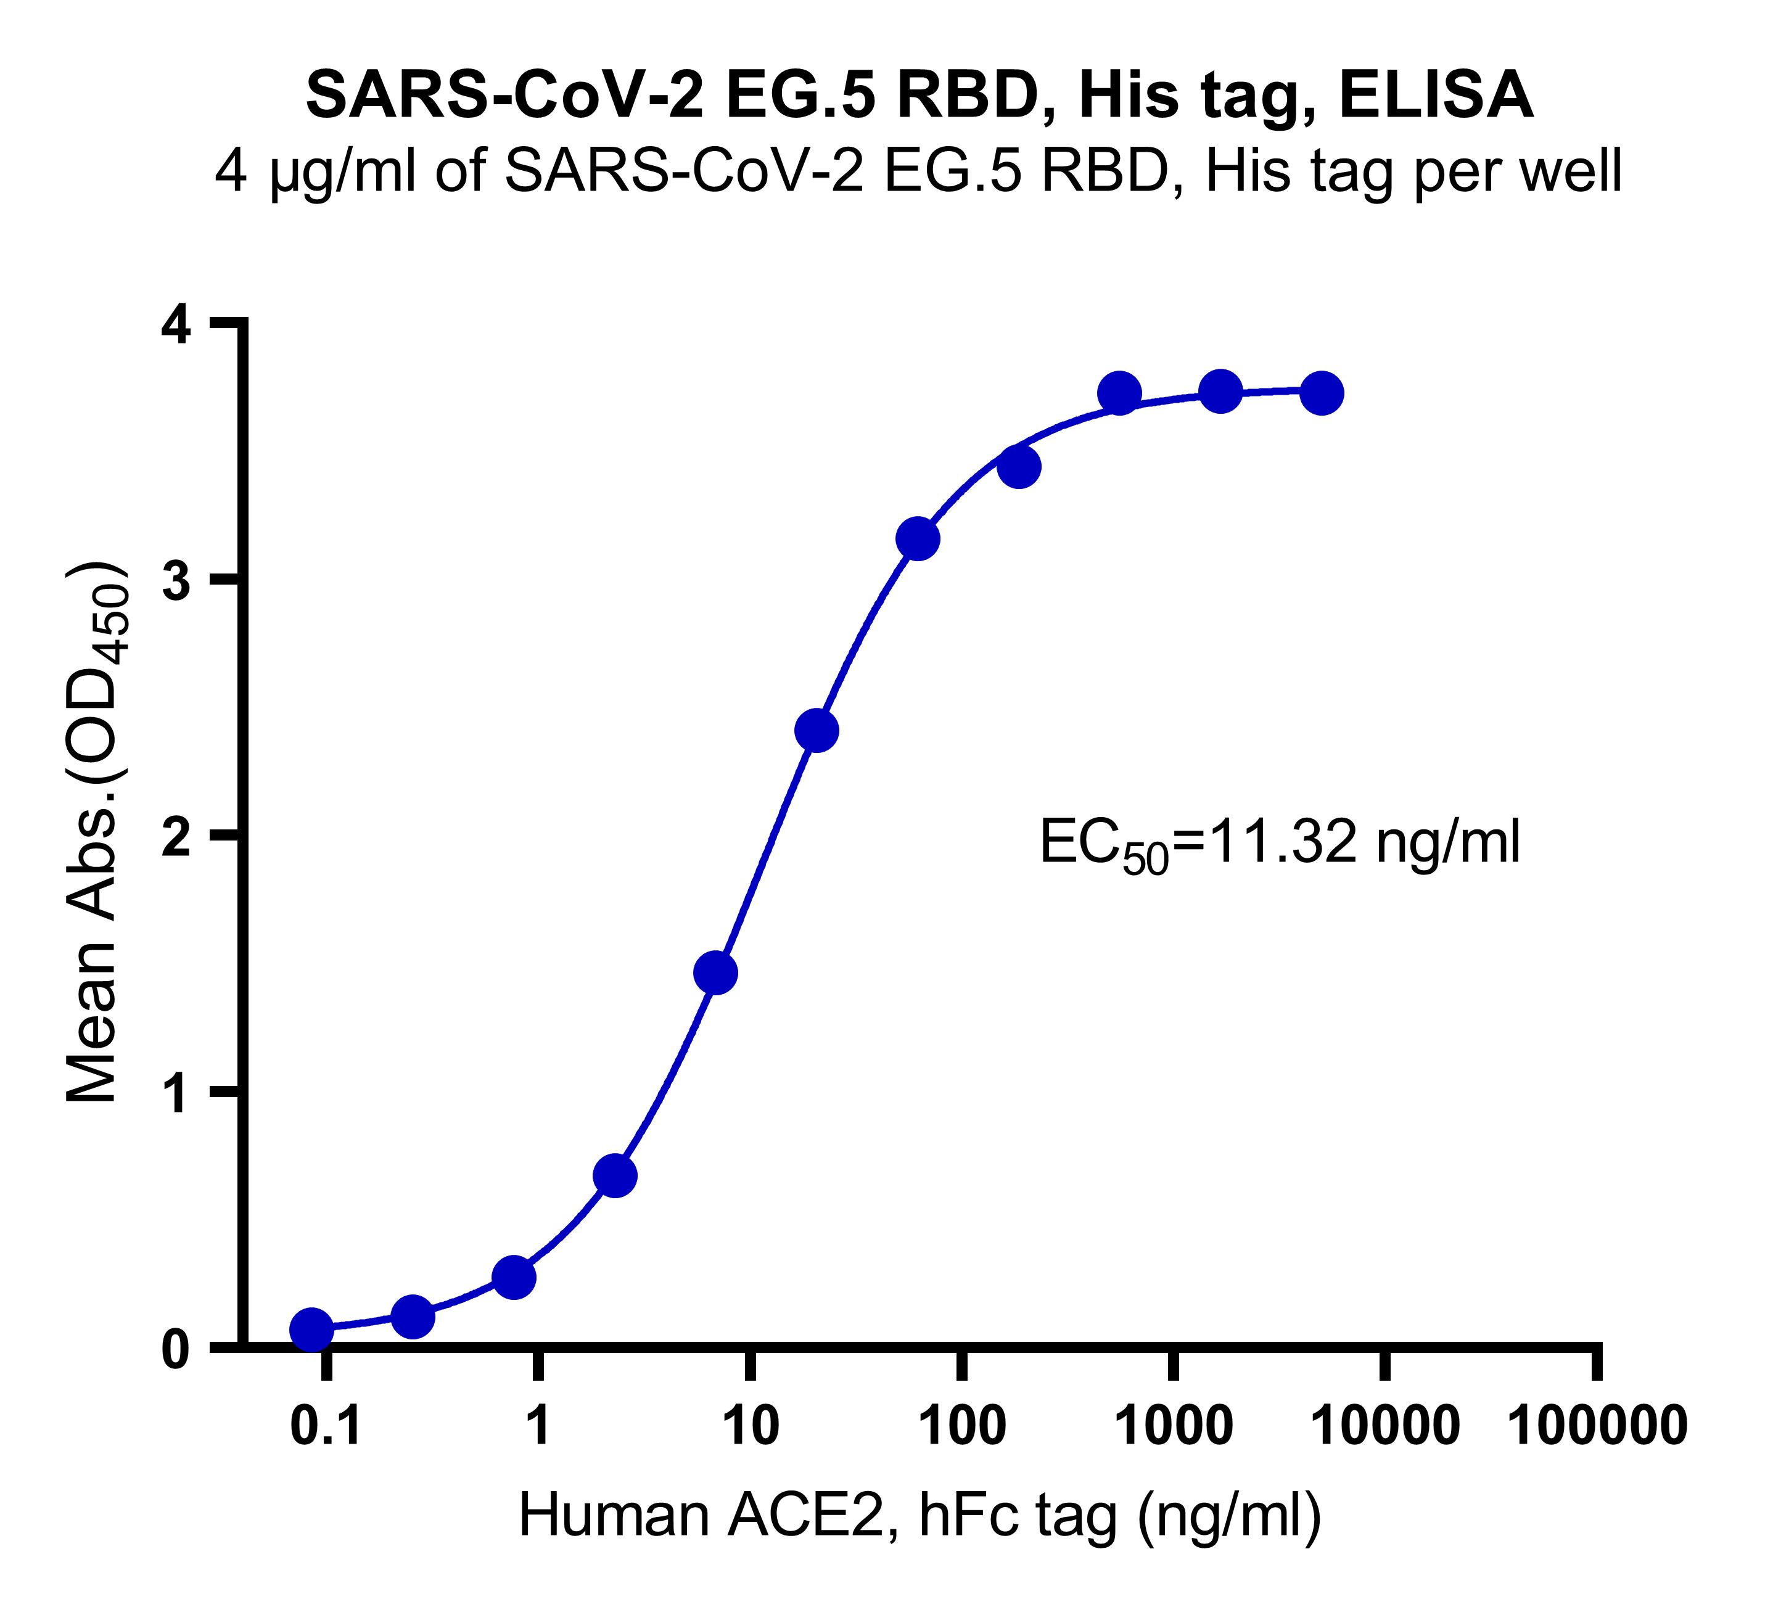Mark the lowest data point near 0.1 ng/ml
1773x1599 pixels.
[311, 1330]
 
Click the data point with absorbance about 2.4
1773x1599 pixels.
[817, 730]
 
